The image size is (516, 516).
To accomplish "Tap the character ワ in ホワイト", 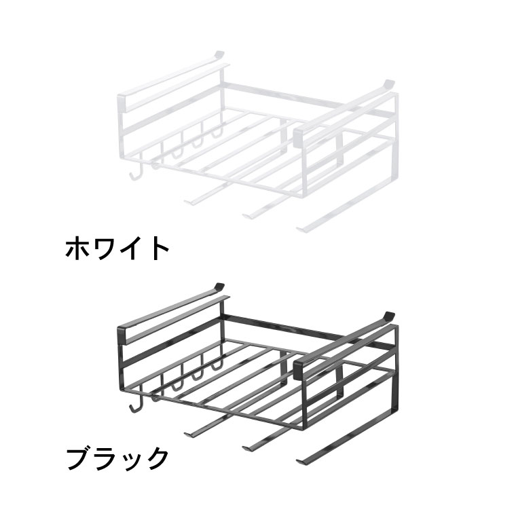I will (x=106, y=248).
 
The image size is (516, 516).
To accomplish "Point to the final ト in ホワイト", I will (x=159, y=248).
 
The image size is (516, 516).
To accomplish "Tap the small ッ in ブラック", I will (x=132, y=461).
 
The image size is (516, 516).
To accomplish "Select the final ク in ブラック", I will (x=156, y=458).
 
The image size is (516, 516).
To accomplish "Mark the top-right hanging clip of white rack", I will (x=387, y=83).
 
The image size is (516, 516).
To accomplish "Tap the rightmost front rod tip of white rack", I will (x=301, y=229).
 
